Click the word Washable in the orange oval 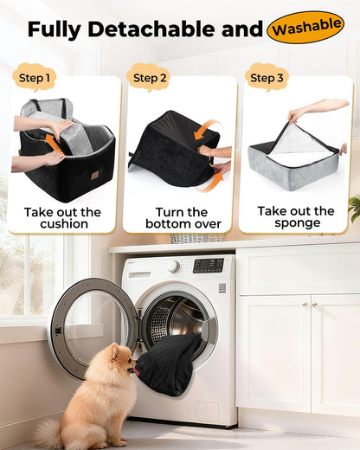(306, 28)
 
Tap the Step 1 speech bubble (34, 77)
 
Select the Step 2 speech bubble (149, 77)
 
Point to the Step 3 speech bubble (267, 77)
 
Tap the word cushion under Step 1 (64, 224)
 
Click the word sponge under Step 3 (297, 223)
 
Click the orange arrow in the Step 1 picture (53, 144)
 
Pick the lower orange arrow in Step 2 (211, 183)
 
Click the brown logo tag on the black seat (95, 175)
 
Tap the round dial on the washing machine (174, 267)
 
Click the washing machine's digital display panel (209, 266)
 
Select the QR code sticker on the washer (222, 288)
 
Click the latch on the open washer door (59, 330)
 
